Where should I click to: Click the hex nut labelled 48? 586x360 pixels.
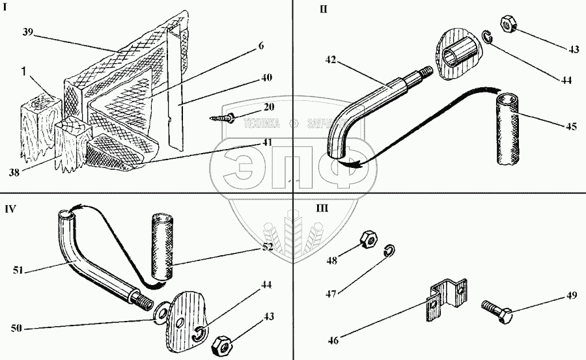point(369,240)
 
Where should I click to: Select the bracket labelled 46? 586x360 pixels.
point(446,299)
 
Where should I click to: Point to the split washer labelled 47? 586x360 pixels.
point(389,251)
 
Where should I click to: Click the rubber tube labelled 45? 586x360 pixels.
point(508,130)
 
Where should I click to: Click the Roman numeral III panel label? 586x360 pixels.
point(322,208)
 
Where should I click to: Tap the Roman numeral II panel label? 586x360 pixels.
point(324,9)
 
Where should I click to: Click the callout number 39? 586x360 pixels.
point(27,32)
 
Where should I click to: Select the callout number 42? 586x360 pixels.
point(330,59)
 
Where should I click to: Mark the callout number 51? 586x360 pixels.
point(18,270)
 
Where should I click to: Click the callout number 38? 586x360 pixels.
point(14,173)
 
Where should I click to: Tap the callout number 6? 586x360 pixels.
point(261,45)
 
